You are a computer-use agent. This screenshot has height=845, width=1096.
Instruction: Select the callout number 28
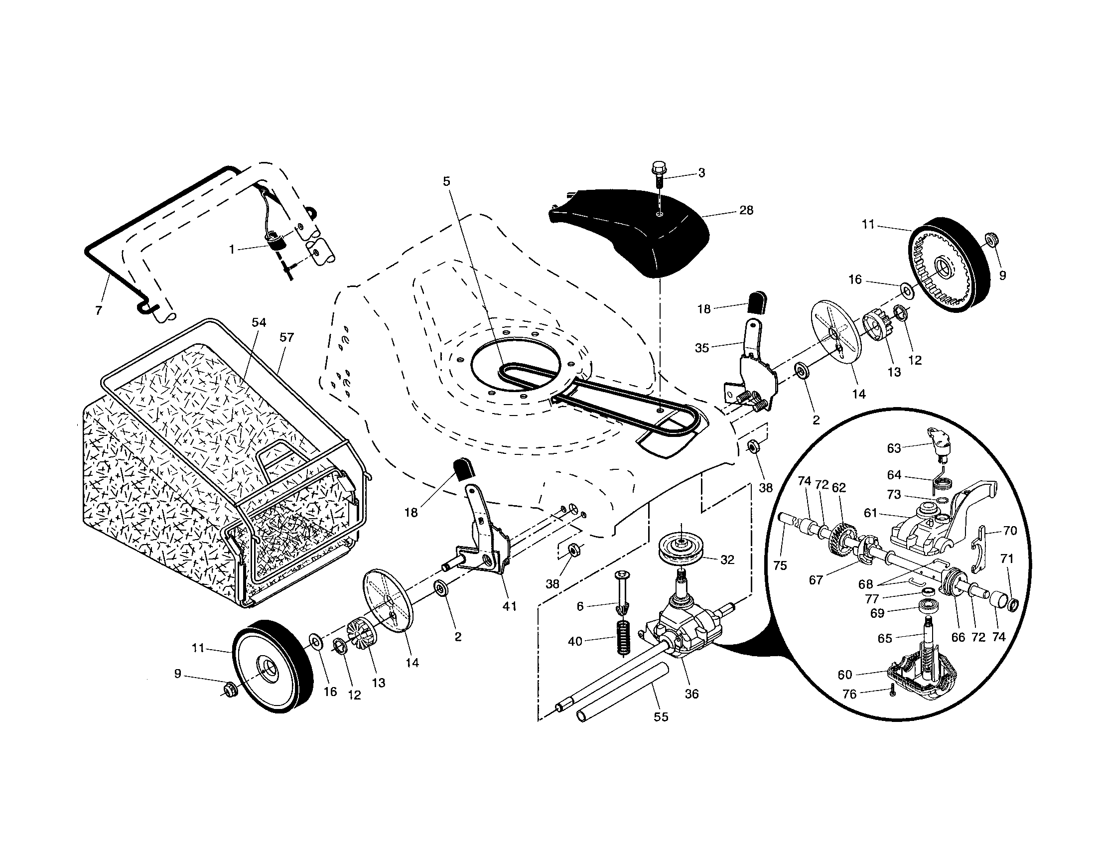click(746, 210)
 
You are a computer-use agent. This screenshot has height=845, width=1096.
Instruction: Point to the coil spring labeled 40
click(623, 638)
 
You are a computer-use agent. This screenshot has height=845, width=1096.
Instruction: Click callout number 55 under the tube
click(661, 717)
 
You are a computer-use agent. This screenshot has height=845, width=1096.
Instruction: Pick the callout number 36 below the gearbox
click(691, 694)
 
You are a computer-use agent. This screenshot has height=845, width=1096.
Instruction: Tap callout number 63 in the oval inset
click(894, 448)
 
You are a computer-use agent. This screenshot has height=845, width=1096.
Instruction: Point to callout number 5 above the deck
click(447, 181)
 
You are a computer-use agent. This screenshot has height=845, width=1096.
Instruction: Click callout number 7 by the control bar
click(98, 310)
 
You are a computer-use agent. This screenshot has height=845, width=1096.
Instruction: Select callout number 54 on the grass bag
click(259, 323)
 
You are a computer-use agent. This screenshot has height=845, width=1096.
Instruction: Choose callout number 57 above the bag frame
click(286, 338)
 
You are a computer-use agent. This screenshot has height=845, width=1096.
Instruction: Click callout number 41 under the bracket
click(509, 606)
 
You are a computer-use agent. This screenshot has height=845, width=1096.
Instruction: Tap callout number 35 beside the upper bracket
click(701, 347)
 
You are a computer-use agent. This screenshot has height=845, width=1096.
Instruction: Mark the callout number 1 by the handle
click(232, 249)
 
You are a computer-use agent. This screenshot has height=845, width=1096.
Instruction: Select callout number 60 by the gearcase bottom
click(845, 675)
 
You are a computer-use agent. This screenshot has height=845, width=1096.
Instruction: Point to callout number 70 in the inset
click(1010, 531)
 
